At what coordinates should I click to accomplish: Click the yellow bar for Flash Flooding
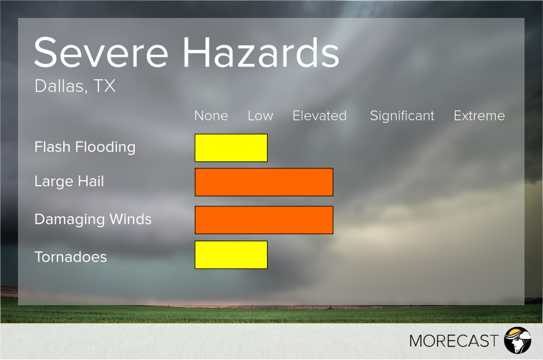(x=231, y=147)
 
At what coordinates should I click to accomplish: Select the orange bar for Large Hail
(x=264, y=182)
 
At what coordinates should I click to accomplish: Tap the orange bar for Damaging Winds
(x=264, y=220)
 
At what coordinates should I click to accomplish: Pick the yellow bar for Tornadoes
(x=231, y=255)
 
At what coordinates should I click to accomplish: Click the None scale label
(x=211, y=116)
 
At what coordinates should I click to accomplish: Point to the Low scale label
(x=260, y=116)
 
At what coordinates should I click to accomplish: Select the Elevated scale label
(x=319, y=116)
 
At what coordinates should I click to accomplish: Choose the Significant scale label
(x=402, y=116)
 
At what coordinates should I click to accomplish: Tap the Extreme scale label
(x=479, y=116)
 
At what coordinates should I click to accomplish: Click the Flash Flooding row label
(x=85, y=147)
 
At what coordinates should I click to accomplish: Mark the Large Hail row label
(x=69, y=182)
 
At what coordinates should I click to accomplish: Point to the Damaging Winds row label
(x=93, y=220)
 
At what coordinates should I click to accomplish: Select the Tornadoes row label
(x=70, y=257)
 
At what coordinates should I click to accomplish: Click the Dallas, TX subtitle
(x=75, y=86)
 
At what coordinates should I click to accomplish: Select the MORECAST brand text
(x=454, y=341)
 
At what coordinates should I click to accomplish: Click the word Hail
(x=91, y=182)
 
